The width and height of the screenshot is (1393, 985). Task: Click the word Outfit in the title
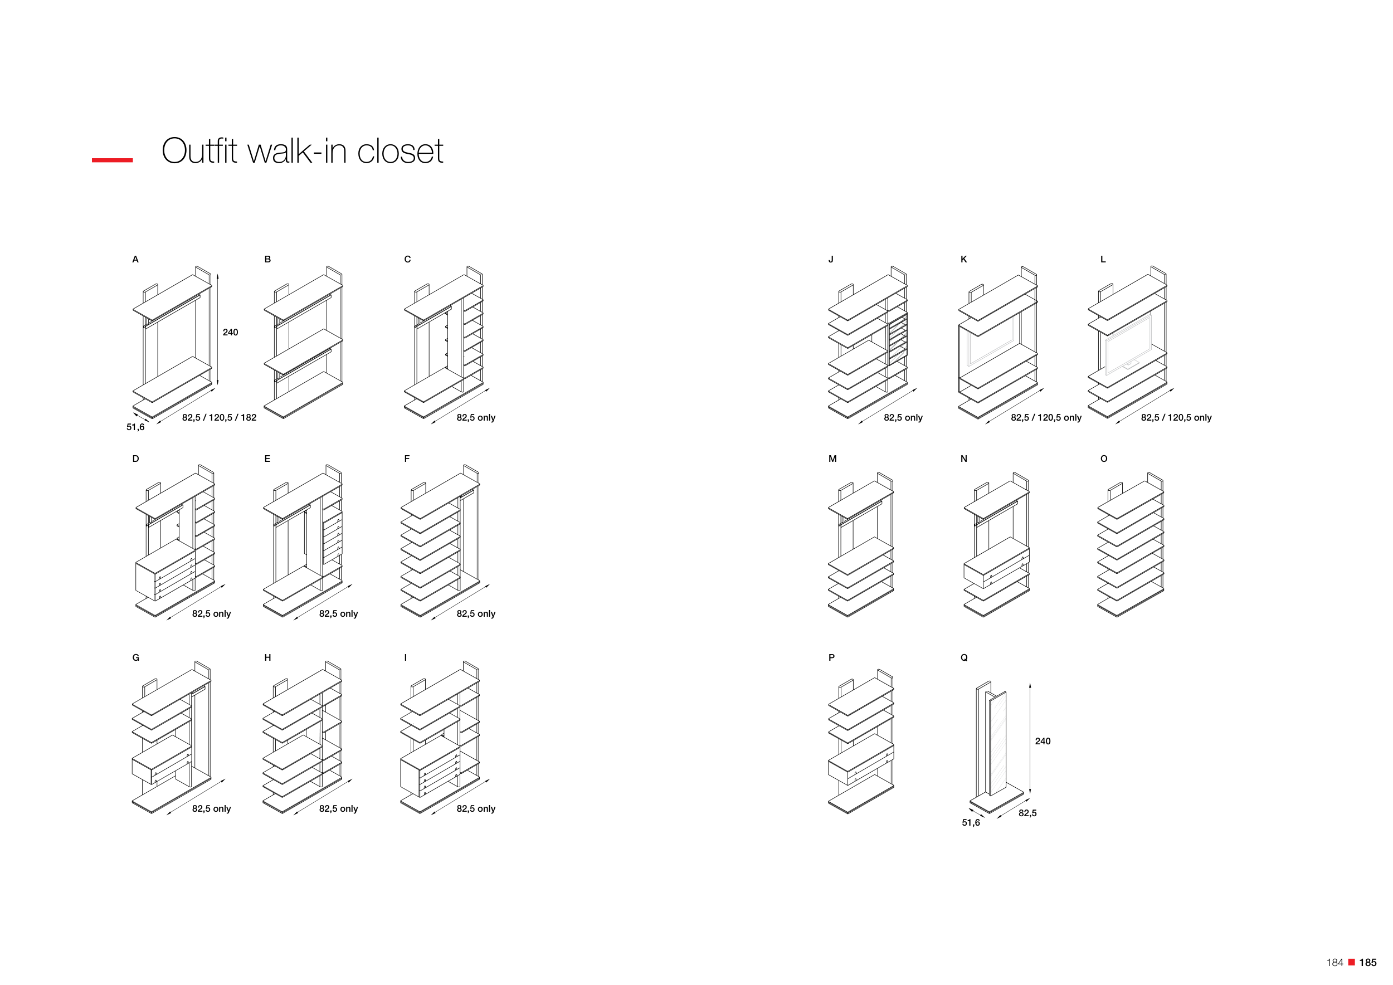(199, 151)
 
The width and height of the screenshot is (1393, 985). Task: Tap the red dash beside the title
(112, 160)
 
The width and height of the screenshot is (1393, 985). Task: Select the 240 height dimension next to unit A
(230, 333)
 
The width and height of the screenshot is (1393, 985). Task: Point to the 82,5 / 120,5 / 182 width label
(219, 417)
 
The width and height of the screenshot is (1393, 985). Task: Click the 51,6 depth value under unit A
(135, 427)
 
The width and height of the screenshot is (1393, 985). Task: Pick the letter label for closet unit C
(408, 260)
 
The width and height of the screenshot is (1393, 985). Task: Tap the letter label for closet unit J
(831, 260)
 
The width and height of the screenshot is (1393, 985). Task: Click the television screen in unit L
(1127, 344)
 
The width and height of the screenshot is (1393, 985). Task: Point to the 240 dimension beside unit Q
(1043, 741)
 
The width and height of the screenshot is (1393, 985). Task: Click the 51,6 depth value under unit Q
(971, 822)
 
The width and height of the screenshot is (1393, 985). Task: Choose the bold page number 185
(1367, 963)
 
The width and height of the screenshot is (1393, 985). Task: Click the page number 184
(1334, 963)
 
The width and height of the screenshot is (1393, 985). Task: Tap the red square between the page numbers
(1351, 962)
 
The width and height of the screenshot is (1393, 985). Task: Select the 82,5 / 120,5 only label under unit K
(1046, 417)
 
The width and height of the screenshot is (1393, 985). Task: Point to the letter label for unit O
(1104, 459)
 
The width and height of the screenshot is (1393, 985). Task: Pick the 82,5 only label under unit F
(476, 614)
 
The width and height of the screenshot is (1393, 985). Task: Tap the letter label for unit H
(267, 657)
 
